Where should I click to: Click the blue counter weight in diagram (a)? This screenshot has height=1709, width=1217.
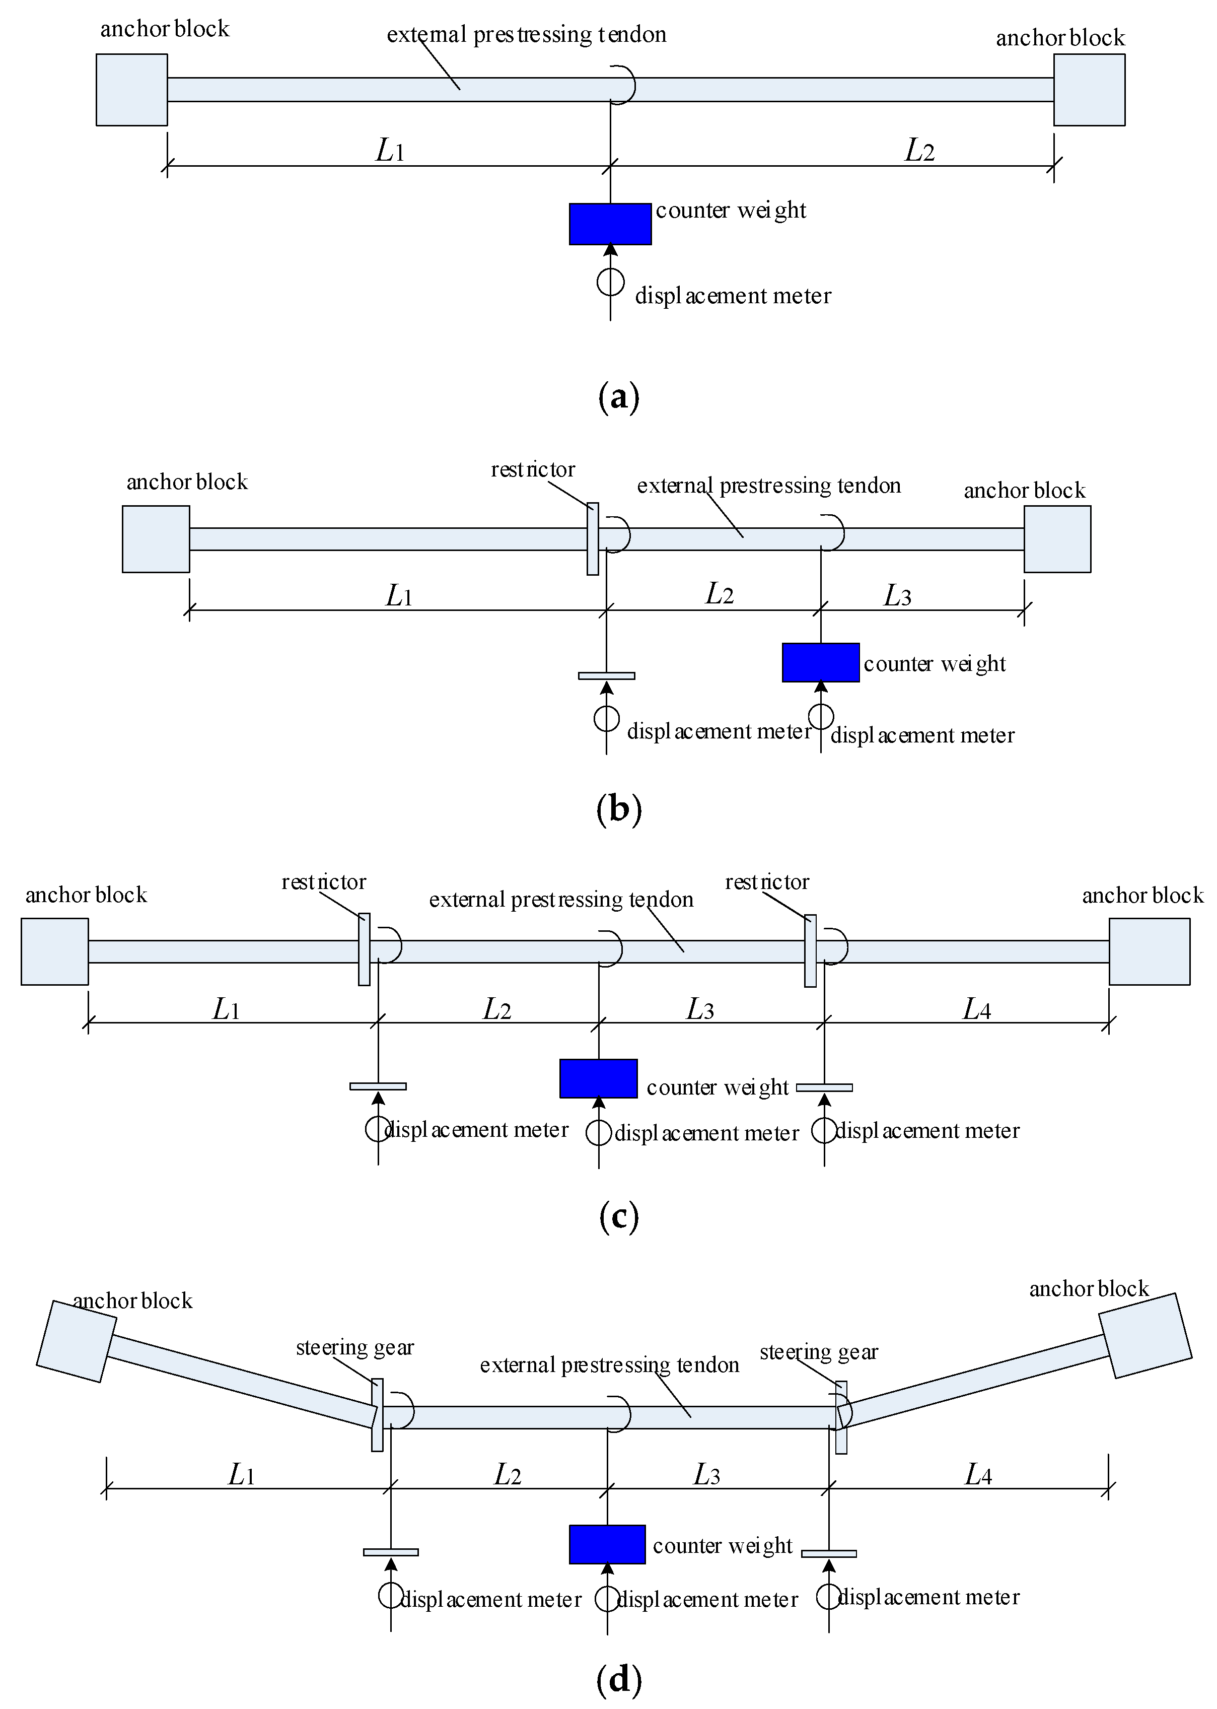(610, 223)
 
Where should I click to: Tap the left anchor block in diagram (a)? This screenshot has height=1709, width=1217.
(132, 89)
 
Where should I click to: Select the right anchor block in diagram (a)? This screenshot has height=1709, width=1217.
(1090, 89)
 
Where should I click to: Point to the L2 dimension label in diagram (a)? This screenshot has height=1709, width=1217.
(919, 150)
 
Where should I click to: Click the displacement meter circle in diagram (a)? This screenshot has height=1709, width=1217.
(611, 282)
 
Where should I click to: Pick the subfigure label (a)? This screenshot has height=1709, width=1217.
(619, 396)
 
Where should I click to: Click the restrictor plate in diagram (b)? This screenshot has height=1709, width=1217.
(593, 539)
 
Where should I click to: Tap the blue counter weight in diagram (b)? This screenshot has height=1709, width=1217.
(821, 663)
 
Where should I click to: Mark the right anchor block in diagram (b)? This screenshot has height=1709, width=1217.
(1057, 539)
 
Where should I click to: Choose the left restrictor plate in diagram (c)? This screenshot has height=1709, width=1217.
(364, 949)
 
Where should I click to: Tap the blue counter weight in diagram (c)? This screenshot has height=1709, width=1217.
(599, 1078)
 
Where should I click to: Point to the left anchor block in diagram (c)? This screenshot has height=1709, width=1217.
(55, 951)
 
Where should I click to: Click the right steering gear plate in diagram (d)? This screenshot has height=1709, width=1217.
(841, 1417)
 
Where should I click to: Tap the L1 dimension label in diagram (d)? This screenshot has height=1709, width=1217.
(241, 1475)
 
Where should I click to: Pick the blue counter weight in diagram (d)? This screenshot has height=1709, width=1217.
(607, 1544)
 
